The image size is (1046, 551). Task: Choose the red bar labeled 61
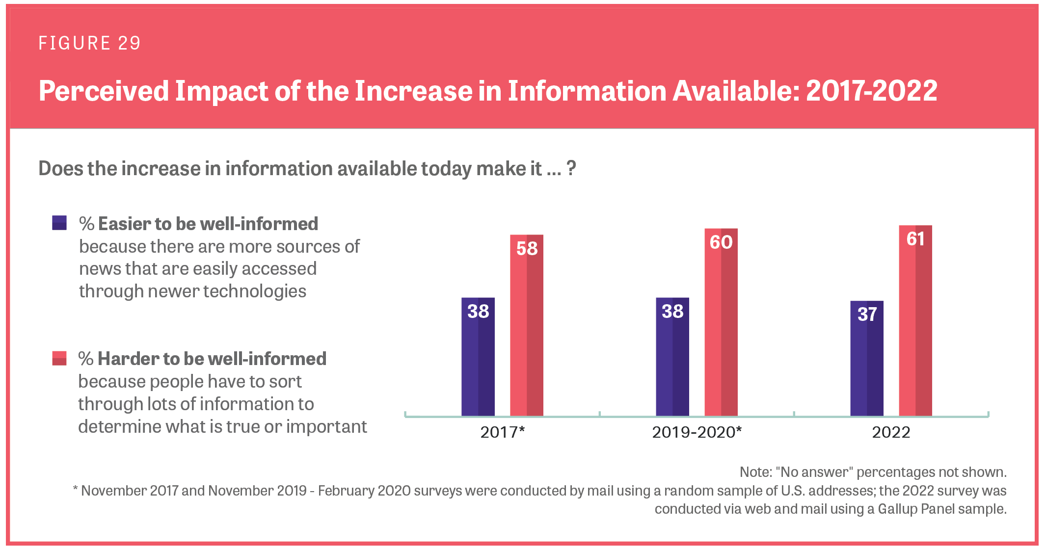pyautogui.click(x=915, y=321)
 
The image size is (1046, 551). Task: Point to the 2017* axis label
pyautogui.click(x=502, y=432)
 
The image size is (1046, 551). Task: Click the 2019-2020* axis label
pyautogui.click(x=697, y=432)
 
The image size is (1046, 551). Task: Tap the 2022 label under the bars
pyautogui.click(x=891, y=432)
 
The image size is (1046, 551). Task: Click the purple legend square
pyautogui.click(x=59, y=223)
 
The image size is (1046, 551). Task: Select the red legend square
pyautogui.click(x=59, y=358)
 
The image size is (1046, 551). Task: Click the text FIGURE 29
pyautogui.click(x=90, y=43)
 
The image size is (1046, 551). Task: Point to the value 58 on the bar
pyautogui.click(x=527, y=249)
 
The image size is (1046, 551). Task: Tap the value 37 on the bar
pyautogui.click(x=867, y=315)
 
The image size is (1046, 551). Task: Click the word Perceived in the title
pyautogui.click(x=104, y=91)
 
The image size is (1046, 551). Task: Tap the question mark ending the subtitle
pyautogui.click(x=571, y=168)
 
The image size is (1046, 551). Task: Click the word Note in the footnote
pyautogui.click(x=754, y=472)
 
